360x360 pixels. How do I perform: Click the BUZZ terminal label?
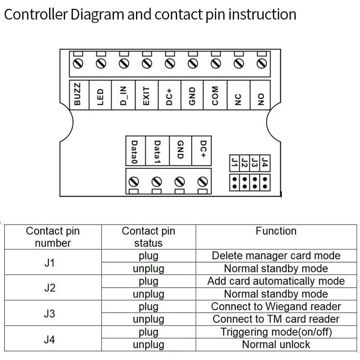[78, 93]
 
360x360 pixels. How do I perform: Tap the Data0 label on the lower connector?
[135, 151]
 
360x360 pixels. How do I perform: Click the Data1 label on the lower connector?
[157, 151]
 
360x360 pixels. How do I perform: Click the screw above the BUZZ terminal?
[78, 64]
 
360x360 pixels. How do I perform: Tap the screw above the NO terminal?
[261, 64]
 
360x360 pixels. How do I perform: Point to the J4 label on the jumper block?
[265, 162]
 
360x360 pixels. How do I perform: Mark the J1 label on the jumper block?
[235, 162]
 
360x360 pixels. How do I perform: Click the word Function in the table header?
[276, 231]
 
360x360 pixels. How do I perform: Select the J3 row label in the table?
[49, 313]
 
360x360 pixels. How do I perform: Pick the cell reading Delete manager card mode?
[276, 256]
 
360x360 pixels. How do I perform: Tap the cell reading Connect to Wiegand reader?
[276, 307]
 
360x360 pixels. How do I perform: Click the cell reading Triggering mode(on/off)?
[276, 332]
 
